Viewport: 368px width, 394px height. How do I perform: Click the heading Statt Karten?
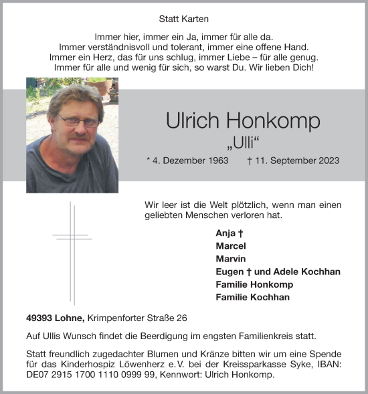(184, 19)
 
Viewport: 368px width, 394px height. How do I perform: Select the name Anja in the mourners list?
(227, 233)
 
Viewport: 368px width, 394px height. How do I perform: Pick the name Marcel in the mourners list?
(231, 246)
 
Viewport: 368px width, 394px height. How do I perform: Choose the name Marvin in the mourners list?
(230, 259)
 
